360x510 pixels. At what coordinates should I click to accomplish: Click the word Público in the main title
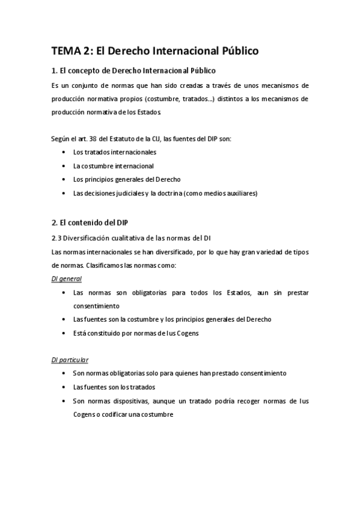[234, 51]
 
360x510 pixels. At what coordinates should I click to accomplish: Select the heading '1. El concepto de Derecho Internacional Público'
[133, 71]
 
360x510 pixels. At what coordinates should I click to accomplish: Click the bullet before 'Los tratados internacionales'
[64, 152]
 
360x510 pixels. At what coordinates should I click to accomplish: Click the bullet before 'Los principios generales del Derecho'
[64, 179]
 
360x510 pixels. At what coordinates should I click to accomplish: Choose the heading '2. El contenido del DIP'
[90, 223]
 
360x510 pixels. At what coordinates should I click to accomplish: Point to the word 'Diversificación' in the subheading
[87, 238]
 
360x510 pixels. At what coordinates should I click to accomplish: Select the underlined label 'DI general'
[66, 278]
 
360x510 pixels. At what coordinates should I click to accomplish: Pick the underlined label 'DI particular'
[70, 360]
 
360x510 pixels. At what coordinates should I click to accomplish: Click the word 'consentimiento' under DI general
[96, 306]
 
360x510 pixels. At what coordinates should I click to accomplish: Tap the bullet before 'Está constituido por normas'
[64, 333]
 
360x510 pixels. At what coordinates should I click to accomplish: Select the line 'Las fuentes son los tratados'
[114, 387]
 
